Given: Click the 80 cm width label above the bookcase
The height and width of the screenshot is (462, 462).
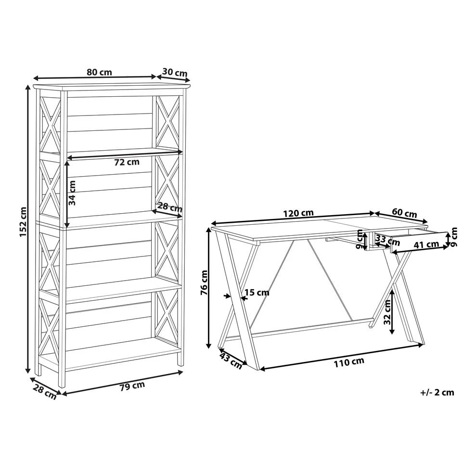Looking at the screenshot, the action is coord(99,72).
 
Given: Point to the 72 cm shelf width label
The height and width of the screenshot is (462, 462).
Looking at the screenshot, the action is coord(127,162).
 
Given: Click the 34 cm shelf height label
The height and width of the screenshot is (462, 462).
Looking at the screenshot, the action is coord(72,192).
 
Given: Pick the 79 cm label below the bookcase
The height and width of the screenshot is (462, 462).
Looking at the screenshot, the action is coord(132,386).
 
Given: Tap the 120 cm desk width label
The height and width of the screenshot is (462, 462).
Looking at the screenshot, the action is coord(298,213).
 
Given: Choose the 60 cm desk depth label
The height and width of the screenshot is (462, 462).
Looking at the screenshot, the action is coord(404,213).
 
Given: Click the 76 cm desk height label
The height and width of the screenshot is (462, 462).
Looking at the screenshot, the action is coord(204,282).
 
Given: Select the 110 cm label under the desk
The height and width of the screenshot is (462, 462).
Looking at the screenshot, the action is coord(349,362).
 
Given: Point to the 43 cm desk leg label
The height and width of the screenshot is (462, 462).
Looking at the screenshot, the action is coord(231,360).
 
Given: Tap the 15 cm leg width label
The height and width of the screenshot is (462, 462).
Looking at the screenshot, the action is coord(257,292).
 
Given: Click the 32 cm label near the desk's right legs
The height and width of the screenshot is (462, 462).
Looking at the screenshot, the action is coord(387,312).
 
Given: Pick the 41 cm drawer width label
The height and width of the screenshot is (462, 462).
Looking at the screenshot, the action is coord(426,244).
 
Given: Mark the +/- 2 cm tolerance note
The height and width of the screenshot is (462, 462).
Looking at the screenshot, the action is coord(437,393).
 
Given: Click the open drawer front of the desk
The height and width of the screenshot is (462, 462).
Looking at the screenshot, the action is coord(419,238).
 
